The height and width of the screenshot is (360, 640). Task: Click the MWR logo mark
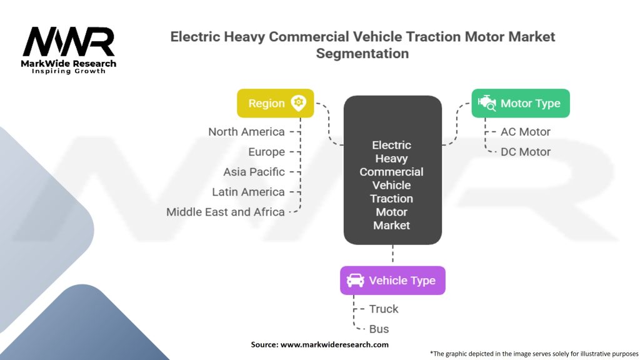point(69,42)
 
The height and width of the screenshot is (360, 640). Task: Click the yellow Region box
point(275,103)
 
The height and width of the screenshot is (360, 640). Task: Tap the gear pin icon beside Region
point(298,103)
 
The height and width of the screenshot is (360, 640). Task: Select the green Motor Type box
point(520,103)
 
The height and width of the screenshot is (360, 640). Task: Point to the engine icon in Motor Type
point(487,103)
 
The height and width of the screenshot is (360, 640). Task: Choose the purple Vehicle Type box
point(392,280)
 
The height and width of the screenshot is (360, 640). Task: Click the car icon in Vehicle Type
point(355,280)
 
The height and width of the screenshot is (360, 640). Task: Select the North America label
point(246,132)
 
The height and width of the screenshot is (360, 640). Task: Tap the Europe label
point(266,152)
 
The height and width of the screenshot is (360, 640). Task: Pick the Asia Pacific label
point(254,172)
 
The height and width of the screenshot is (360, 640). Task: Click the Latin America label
point(248,192)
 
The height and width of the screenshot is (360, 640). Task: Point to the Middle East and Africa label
point(225,212)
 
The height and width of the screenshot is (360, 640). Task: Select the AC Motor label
point(526,132)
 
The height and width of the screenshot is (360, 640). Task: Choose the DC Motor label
point(526,152)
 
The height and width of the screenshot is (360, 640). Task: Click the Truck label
point(384,309)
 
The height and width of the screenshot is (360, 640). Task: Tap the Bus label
point(379,329)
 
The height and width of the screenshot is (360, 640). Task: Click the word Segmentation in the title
point(362,54)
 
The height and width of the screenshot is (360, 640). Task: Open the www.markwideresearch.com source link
point(334,344)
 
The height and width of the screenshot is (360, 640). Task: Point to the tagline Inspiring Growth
point(69,71)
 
